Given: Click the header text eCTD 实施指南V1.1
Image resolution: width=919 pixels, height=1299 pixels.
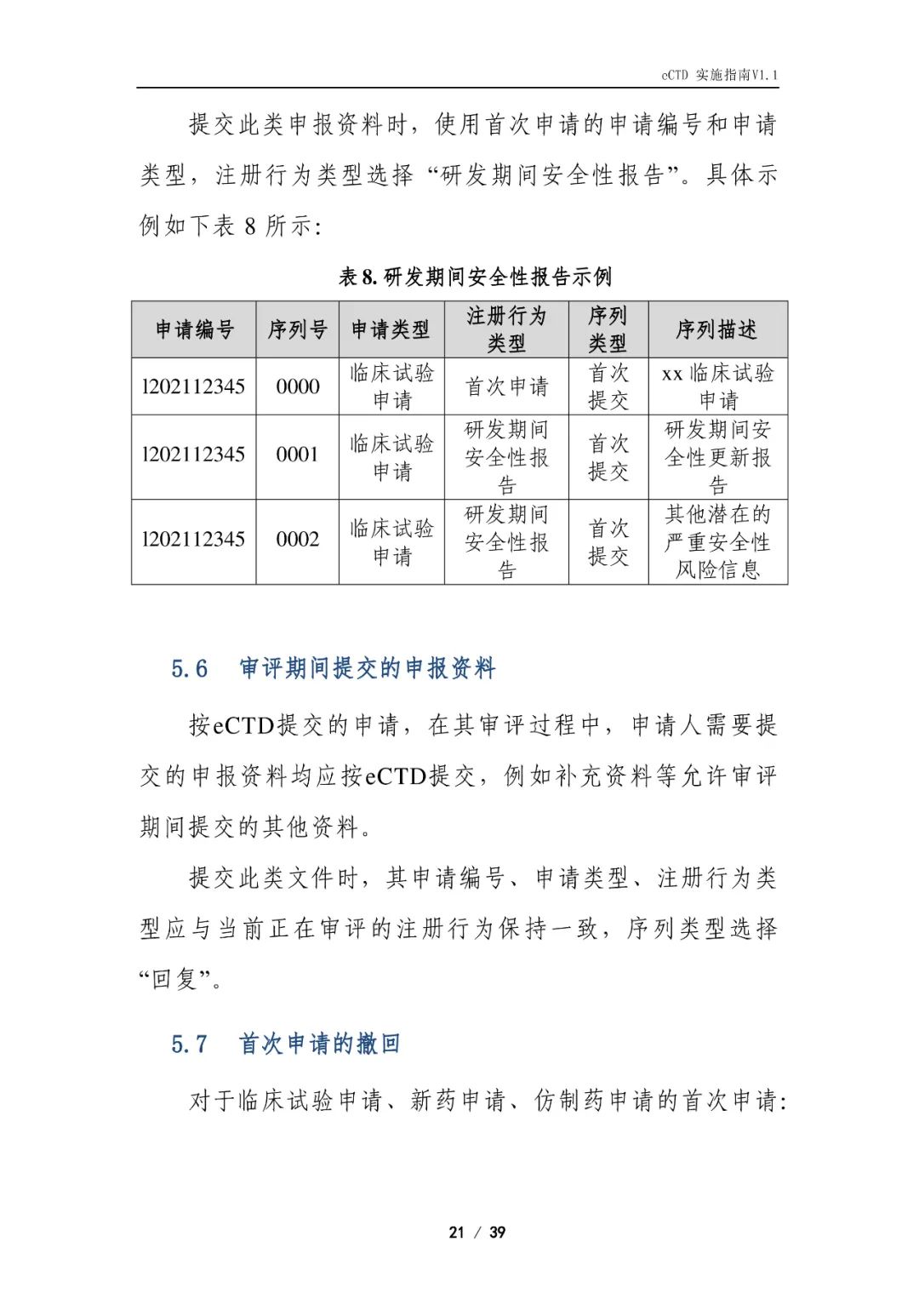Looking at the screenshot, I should [x=719, y=75].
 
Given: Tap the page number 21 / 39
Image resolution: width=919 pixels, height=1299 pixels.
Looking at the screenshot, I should [x=477, y=1232].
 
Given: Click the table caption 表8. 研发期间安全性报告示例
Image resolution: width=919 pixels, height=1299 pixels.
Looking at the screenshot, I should [x=475, y=277].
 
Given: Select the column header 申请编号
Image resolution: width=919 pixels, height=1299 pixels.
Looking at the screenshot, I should [x=194, y=329].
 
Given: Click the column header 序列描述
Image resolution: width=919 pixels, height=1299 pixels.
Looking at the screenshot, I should [x=716, y=329].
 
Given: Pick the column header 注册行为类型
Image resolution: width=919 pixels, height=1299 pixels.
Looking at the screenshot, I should [x=506, y=329].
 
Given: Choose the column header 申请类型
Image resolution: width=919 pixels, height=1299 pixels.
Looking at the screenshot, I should [x=391, y=329].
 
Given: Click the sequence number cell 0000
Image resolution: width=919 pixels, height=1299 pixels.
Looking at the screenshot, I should [x=298, y=386].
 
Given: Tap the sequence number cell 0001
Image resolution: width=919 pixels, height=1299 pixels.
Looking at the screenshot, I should [x=298, y=455].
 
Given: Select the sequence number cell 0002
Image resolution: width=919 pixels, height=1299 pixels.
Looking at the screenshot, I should [x=298, y=540].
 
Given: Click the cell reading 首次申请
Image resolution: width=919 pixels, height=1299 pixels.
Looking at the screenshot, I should [x=506, y=386].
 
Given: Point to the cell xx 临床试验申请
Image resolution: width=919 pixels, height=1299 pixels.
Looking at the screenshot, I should [x=717, y=386].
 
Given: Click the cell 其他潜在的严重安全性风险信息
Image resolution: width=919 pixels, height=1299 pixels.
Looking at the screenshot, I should [x=717, y=541].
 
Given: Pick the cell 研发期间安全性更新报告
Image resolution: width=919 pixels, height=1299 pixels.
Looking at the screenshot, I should [x=717, y=456].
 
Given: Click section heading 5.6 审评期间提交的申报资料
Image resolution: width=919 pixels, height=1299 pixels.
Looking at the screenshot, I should [x=334, y=668].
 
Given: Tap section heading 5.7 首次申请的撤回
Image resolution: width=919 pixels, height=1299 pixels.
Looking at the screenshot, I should [x=286, y=1044].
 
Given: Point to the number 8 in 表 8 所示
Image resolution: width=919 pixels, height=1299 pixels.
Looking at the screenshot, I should [x=249, y=226].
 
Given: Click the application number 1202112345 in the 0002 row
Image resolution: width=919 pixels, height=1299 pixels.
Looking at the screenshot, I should [x=194, y=540].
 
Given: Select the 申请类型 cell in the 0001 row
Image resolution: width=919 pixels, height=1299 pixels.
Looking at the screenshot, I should [x=391, y=456].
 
